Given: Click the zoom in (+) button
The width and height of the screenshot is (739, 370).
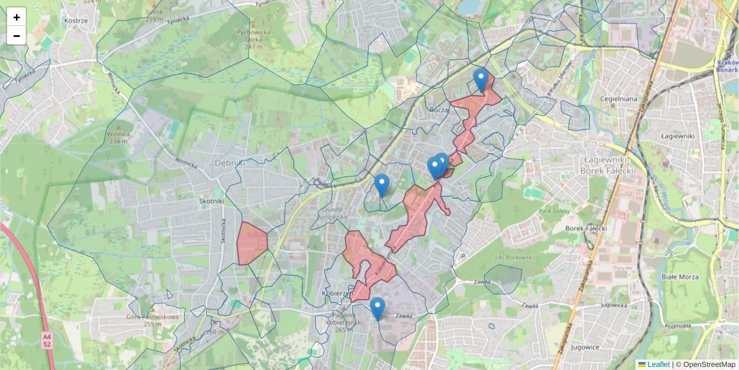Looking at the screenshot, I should [x=17, y=17].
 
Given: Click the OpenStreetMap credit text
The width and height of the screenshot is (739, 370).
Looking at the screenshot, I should [x=709, y=364].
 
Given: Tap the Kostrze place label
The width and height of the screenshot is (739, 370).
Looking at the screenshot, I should [x=76, y=20].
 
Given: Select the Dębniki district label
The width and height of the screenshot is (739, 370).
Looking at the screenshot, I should [x=230, y=163].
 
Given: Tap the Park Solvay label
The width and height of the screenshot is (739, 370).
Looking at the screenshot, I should [x=553, y=211].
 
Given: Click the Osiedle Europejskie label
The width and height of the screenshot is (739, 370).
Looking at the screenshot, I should [x=335, y=213].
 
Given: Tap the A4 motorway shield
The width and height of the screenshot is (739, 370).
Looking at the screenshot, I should [x=47, y=340].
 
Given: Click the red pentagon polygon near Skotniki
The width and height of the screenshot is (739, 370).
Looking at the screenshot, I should [x=251, y=243].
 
